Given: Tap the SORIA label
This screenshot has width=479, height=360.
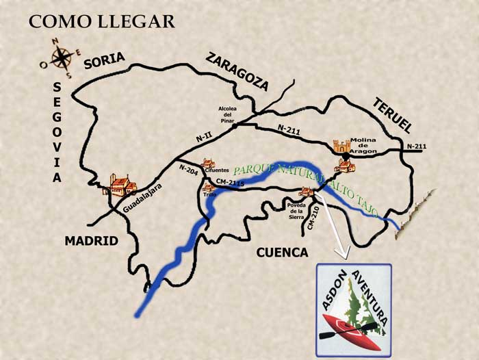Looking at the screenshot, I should pyautogui.click(x=104, y=61).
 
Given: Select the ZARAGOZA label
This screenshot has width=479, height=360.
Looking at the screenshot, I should pyautogui.click(x=237, y=71).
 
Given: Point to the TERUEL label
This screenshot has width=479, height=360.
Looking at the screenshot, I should pyautogui.click(x=392, y=115).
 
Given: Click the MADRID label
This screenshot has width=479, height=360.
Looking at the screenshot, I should pyautogui.click(x=92, y=241).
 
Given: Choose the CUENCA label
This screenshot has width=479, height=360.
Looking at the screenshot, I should pyautogui.click(x=282, y=253).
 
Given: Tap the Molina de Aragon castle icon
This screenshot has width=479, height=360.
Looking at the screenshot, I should pyautogui.click(x=341, y=146).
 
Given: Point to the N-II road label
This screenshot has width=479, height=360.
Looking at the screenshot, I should pyautogui.click(x=203, y=138).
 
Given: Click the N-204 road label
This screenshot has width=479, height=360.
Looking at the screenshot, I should pyautogui.click(x=189, y=170).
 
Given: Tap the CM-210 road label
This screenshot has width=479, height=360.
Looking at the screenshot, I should pyautogui.click(x=314, y=218).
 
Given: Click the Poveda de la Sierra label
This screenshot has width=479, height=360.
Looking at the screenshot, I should pyautogui.click(x=297, y=208).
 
